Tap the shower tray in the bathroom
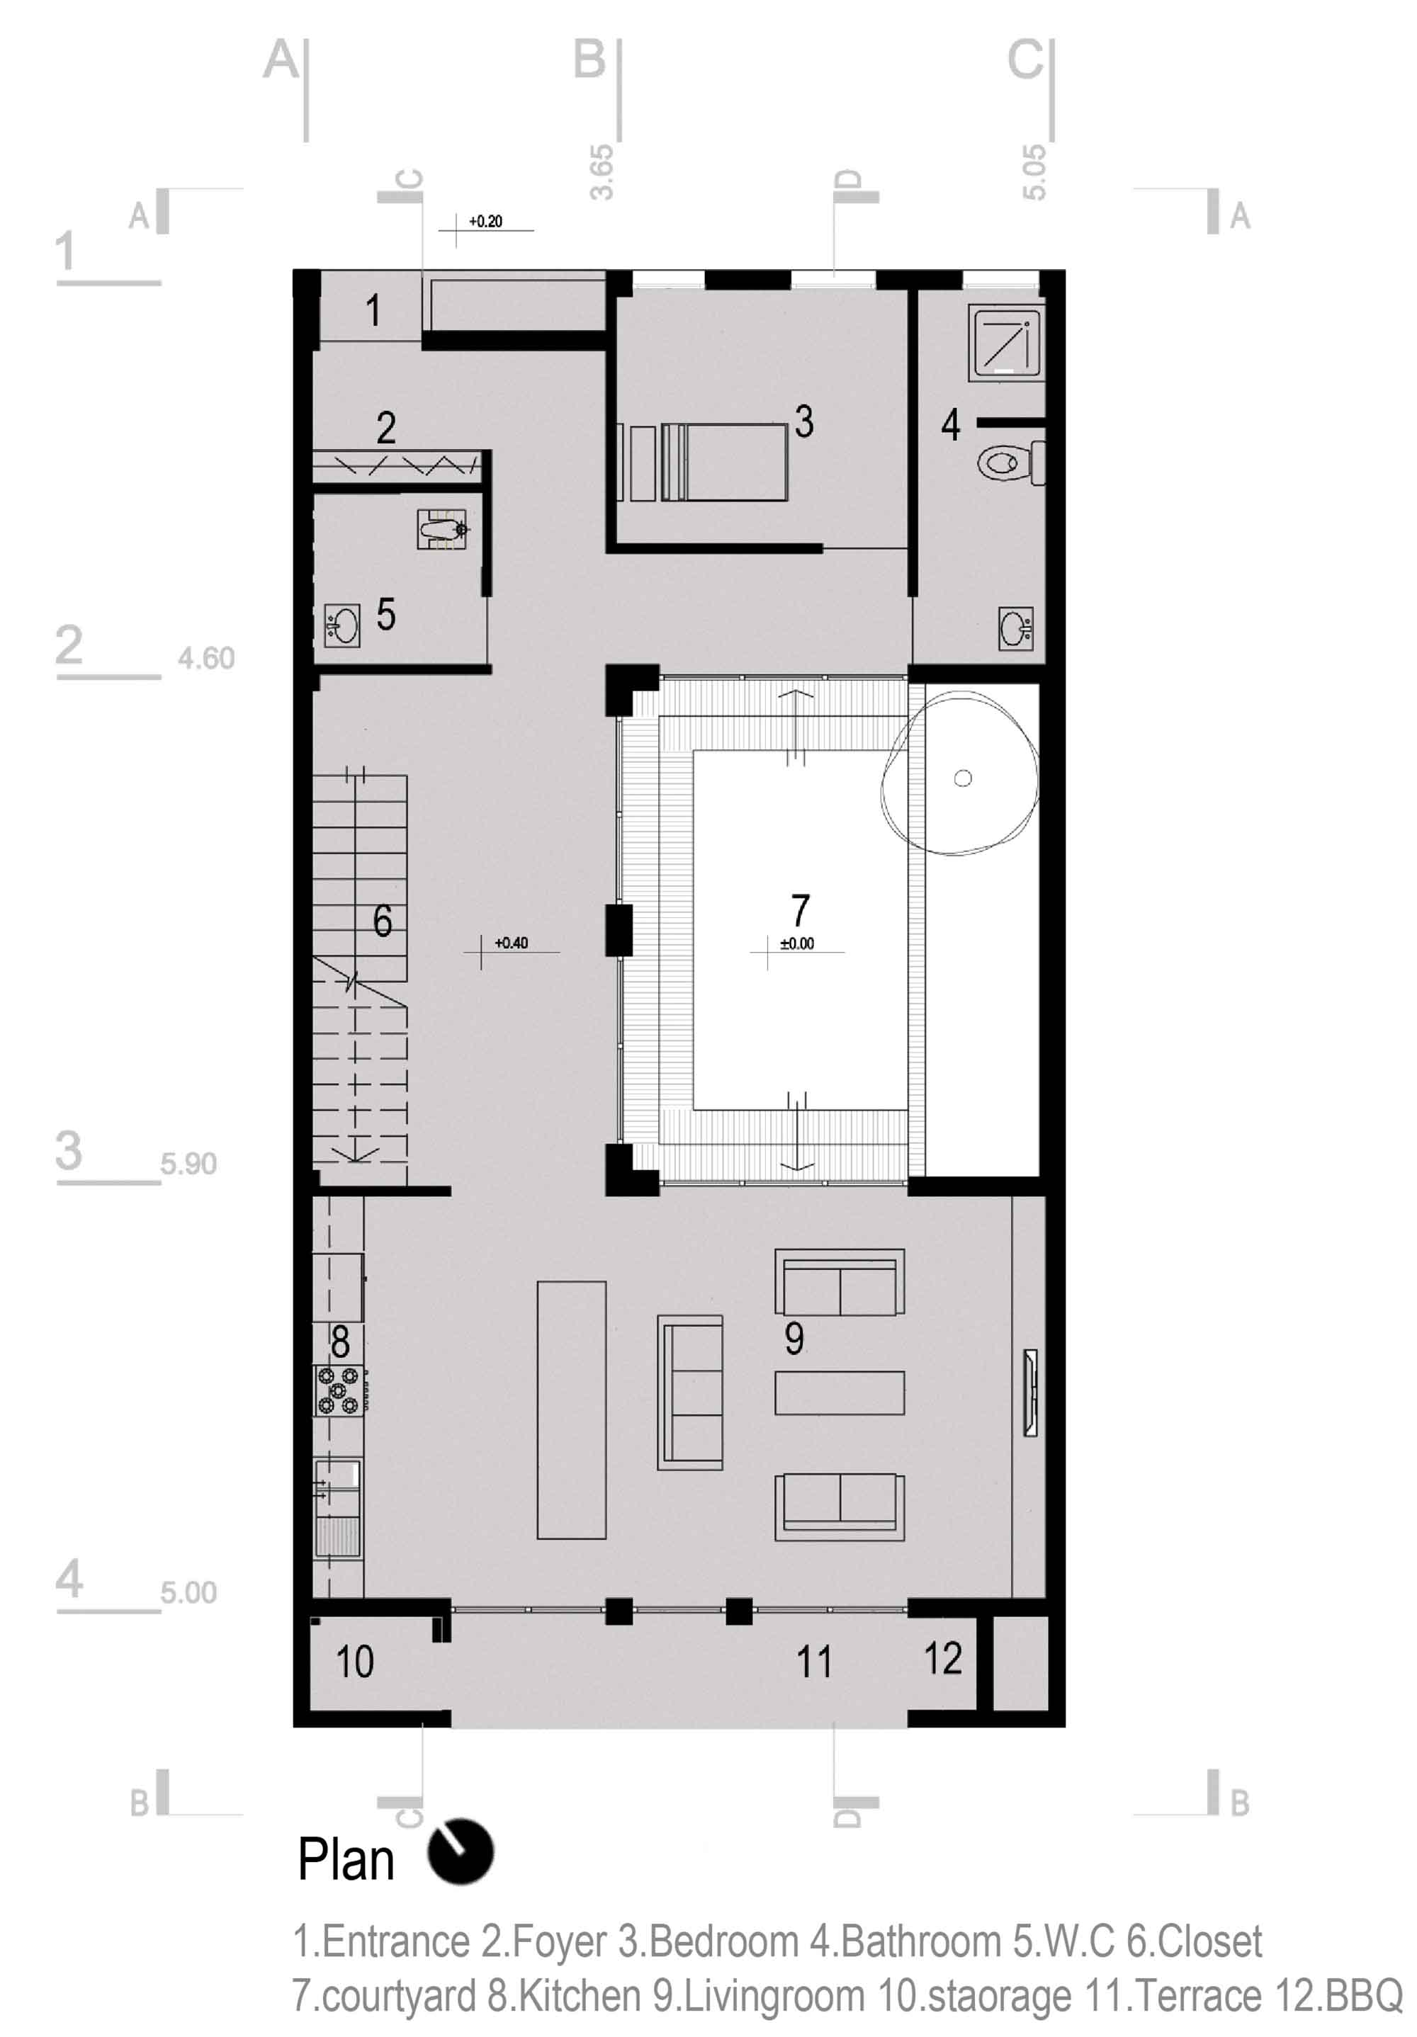tap(1006, 343)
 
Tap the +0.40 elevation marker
tap(511, 943)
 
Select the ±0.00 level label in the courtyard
tap(797, 944)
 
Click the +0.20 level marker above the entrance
tap(485, 222)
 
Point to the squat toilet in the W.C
tap(442, 530)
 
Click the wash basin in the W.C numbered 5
tap(341, 625)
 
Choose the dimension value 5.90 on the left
tap(188, 1163)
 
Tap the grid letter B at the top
tap(589, 59)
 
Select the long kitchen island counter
tap(572, 1409)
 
